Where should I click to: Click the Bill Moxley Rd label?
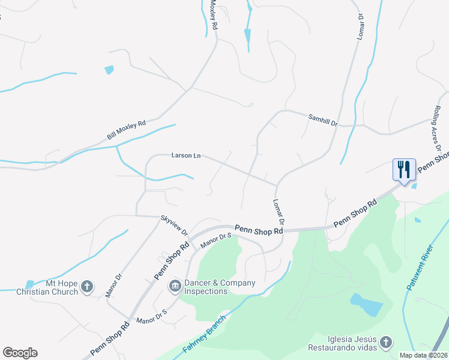point(126,131)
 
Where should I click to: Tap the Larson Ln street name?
point(185,156)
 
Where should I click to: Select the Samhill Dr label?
point(323,120)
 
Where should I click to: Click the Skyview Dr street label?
point(174,225)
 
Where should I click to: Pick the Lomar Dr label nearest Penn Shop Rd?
point(278,212)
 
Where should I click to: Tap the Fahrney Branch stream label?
point(205,341)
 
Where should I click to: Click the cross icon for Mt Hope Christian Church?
point(88,287)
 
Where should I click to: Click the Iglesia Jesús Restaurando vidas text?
point(343,343)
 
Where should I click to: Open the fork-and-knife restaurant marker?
point(402,169)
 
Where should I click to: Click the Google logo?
point(20,353)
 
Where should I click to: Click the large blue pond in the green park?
point(366,304)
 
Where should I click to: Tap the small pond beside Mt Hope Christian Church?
point(29,283)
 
